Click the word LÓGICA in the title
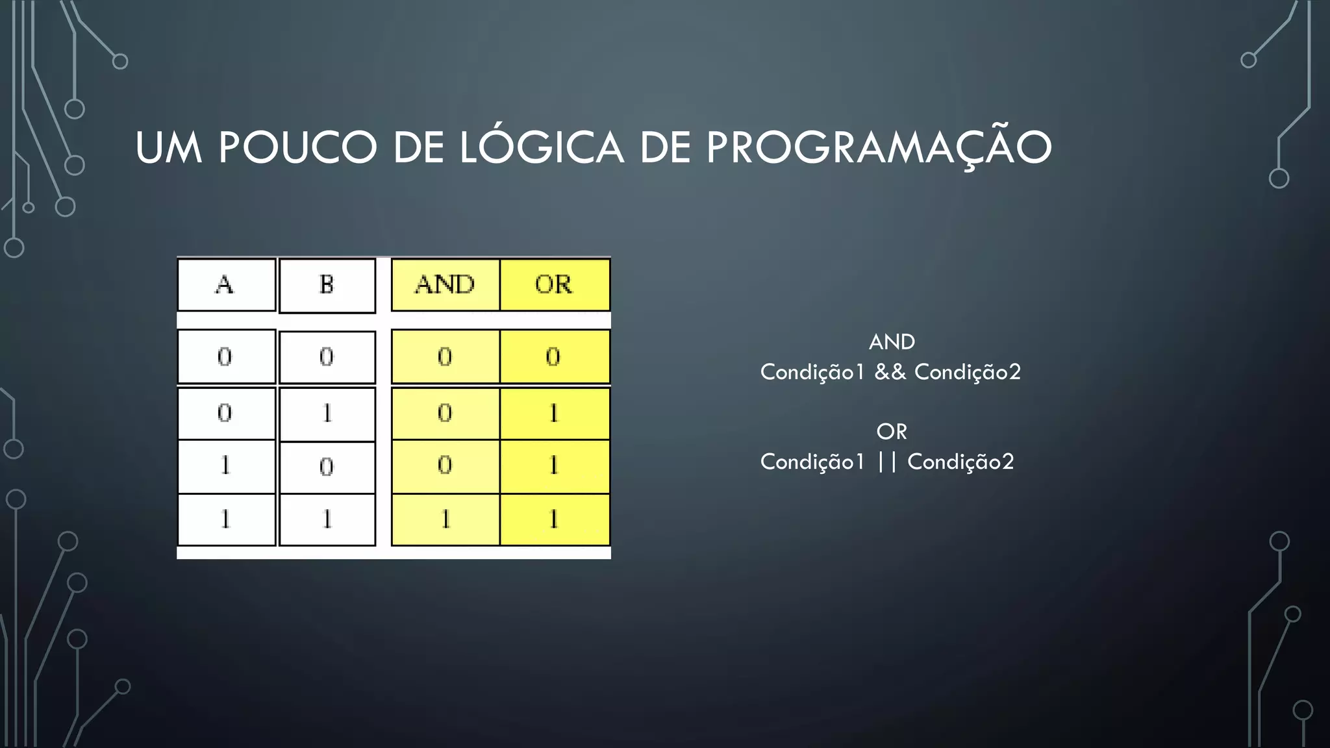542,147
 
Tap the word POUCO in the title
298,147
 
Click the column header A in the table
225,284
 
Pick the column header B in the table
327,284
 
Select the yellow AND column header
445,284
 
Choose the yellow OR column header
554,284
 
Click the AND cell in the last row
445,519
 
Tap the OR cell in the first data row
553,356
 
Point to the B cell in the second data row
327,414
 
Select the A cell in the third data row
225,466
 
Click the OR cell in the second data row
553,414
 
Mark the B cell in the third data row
327,467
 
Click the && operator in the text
890,372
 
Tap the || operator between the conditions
886,462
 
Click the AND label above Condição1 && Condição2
892,342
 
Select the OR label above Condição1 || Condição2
892,431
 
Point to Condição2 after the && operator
968,372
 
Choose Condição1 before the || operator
812,462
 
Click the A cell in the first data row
225,356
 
